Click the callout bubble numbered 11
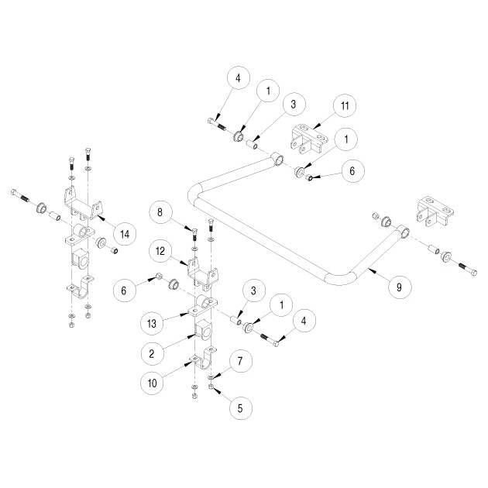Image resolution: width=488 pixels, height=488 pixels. coord(345,105)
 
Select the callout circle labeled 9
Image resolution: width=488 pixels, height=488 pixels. coord(400,287)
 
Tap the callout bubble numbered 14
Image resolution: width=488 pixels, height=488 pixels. coord(125,234)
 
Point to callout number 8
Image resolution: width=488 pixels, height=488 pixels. coord(160,212)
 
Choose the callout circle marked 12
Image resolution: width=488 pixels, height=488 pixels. coord(160,251)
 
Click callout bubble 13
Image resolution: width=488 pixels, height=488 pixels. coord(152,323)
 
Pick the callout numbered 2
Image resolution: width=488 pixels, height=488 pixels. coord(152,353)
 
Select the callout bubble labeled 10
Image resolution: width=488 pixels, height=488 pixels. coord(152,383)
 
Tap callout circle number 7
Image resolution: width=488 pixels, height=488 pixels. coord(240,361)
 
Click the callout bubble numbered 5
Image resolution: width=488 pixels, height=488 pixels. coord(240,408)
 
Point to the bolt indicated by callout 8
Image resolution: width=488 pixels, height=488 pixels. coord(194,234)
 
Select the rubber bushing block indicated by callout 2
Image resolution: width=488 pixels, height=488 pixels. coord(203,330)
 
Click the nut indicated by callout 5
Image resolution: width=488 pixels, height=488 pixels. coord(211,387)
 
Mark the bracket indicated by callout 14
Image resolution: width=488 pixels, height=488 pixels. coord(83,204)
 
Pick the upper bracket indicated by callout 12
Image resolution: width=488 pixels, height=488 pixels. coord(203,273)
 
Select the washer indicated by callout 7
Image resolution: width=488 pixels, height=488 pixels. coord(211,377)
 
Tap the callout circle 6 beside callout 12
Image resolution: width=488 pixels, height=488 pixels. coord(124,290)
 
